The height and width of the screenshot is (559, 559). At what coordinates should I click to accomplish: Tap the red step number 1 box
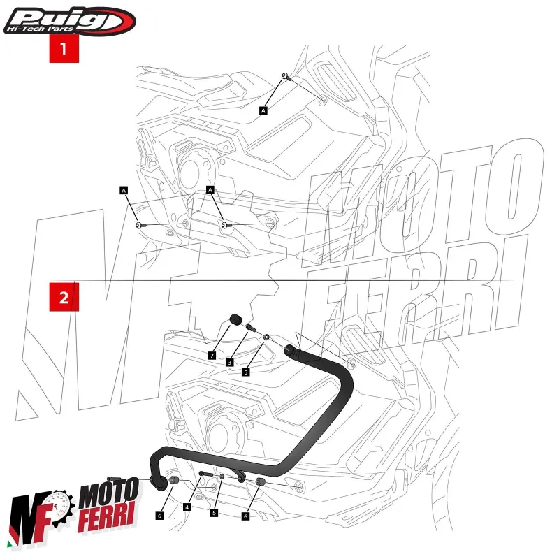coord(64,49)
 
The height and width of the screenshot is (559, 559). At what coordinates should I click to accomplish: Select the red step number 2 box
coord(64,298)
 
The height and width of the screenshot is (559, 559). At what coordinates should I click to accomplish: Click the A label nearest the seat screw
coord(263,110)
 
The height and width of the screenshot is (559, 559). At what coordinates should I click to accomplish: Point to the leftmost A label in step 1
coord(124,189)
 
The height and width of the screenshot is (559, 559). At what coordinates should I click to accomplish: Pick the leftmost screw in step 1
coord(140,225)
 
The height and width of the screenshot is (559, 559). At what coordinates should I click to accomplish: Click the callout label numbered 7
coord(211,356)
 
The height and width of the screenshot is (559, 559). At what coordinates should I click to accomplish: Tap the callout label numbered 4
coord(187,507)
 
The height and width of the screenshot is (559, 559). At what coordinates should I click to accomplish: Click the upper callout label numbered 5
coord(246,372)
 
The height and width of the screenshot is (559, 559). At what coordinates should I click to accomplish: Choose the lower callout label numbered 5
coord(215,512)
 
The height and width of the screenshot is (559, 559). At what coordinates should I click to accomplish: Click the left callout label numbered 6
coord(159,516)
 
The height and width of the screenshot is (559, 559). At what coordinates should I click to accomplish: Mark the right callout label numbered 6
coord(245,516)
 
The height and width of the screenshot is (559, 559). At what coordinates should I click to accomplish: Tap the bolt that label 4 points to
coord(205,474)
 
